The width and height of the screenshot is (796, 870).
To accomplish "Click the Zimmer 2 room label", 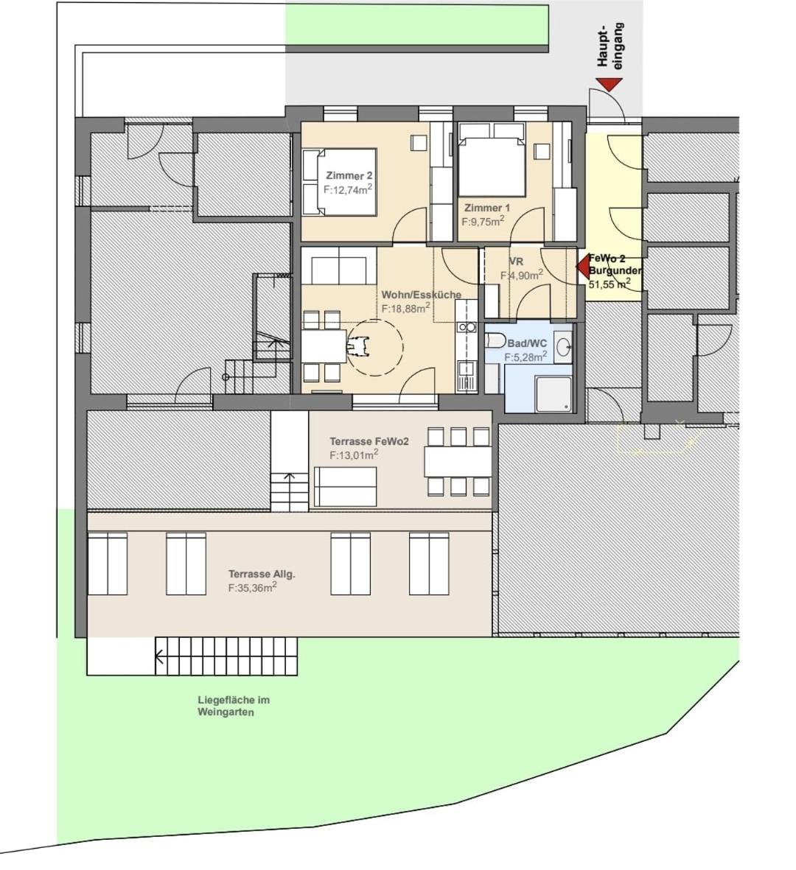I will [x=349, y=176].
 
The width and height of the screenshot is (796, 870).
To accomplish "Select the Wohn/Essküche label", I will [x=421, y=295].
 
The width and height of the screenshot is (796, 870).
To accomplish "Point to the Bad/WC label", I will [x=527, y=343].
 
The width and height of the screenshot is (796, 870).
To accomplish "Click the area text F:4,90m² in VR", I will [x=522, y=275].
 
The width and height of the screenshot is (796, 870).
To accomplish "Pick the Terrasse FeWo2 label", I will [x=369, y=441].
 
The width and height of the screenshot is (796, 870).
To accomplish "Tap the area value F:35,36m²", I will [x=252, y=587].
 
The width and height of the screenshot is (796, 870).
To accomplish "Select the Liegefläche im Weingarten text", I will [x=233, y=706].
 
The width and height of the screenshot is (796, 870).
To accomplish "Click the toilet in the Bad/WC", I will [x=495, y=340].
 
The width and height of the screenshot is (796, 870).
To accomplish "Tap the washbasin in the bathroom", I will [x=564, y=346].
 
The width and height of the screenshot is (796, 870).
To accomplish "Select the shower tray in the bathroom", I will [x=554, y=394].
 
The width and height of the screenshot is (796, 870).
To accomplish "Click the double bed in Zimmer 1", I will [x=492, y=166].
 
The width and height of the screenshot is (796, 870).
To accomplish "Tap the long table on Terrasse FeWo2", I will [x=457, y=461].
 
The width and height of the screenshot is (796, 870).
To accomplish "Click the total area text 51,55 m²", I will [x=609, y=283].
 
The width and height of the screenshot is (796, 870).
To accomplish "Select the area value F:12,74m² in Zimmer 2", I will [x=347, y=189].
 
